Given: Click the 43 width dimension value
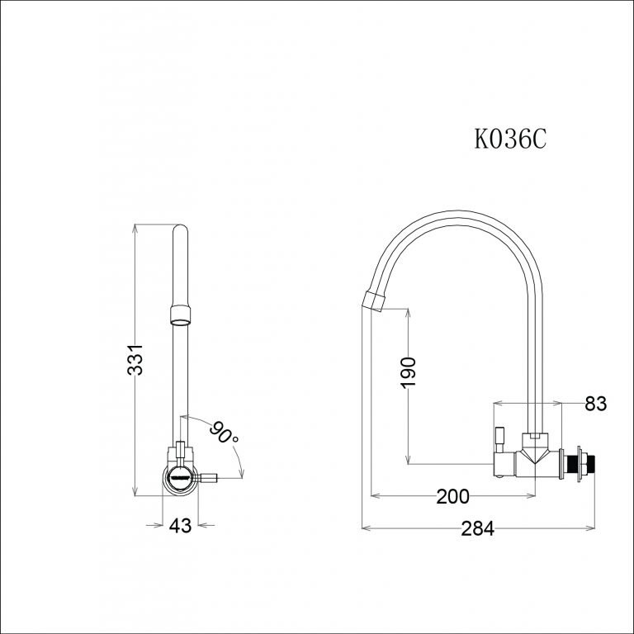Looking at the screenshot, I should [180, 525].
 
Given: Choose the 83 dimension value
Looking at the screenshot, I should [595, 404].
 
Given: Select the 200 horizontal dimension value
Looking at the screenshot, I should [452, 496].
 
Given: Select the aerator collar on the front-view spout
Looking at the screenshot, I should [180, 314].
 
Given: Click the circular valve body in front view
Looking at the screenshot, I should [178, 478].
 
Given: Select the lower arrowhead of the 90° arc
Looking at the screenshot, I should [241, 473].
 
